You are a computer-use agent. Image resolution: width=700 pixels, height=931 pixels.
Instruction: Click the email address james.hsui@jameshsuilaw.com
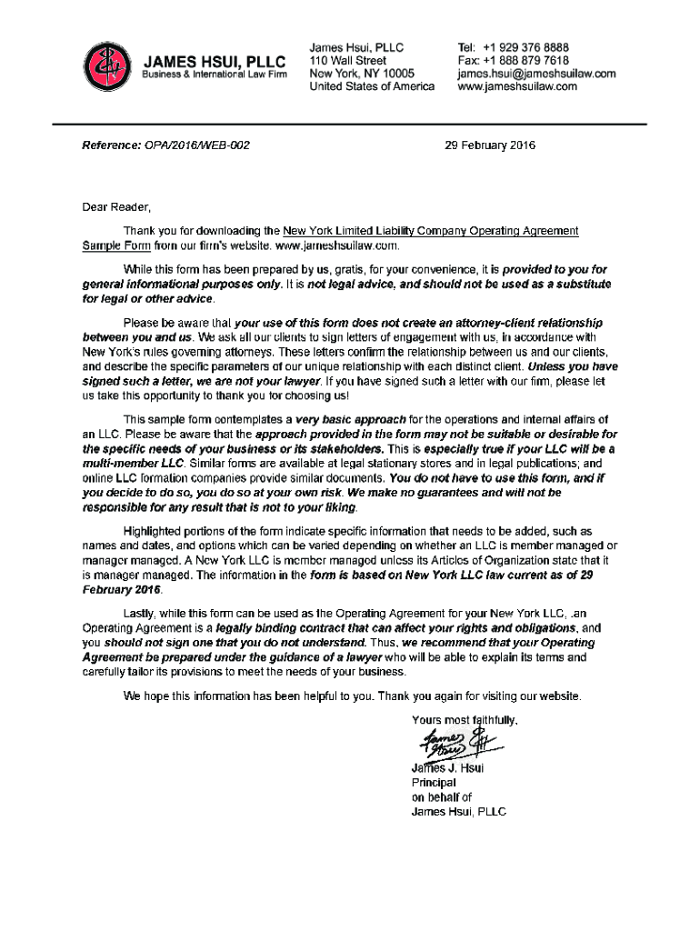click(x=536, y=74)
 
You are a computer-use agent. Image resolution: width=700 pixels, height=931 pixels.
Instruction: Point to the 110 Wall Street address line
click(x=348, y=60)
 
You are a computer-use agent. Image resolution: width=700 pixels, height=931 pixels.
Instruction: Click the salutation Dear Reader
click(x=113, y=206)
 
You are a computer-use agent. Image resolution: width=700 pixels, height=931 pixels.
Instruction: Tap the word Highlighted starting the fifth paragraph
click(x=155, y=530)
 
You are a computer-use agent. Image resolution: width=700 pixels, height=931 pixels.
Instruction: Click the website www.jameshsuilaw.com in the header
click(x=516, y=87)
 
